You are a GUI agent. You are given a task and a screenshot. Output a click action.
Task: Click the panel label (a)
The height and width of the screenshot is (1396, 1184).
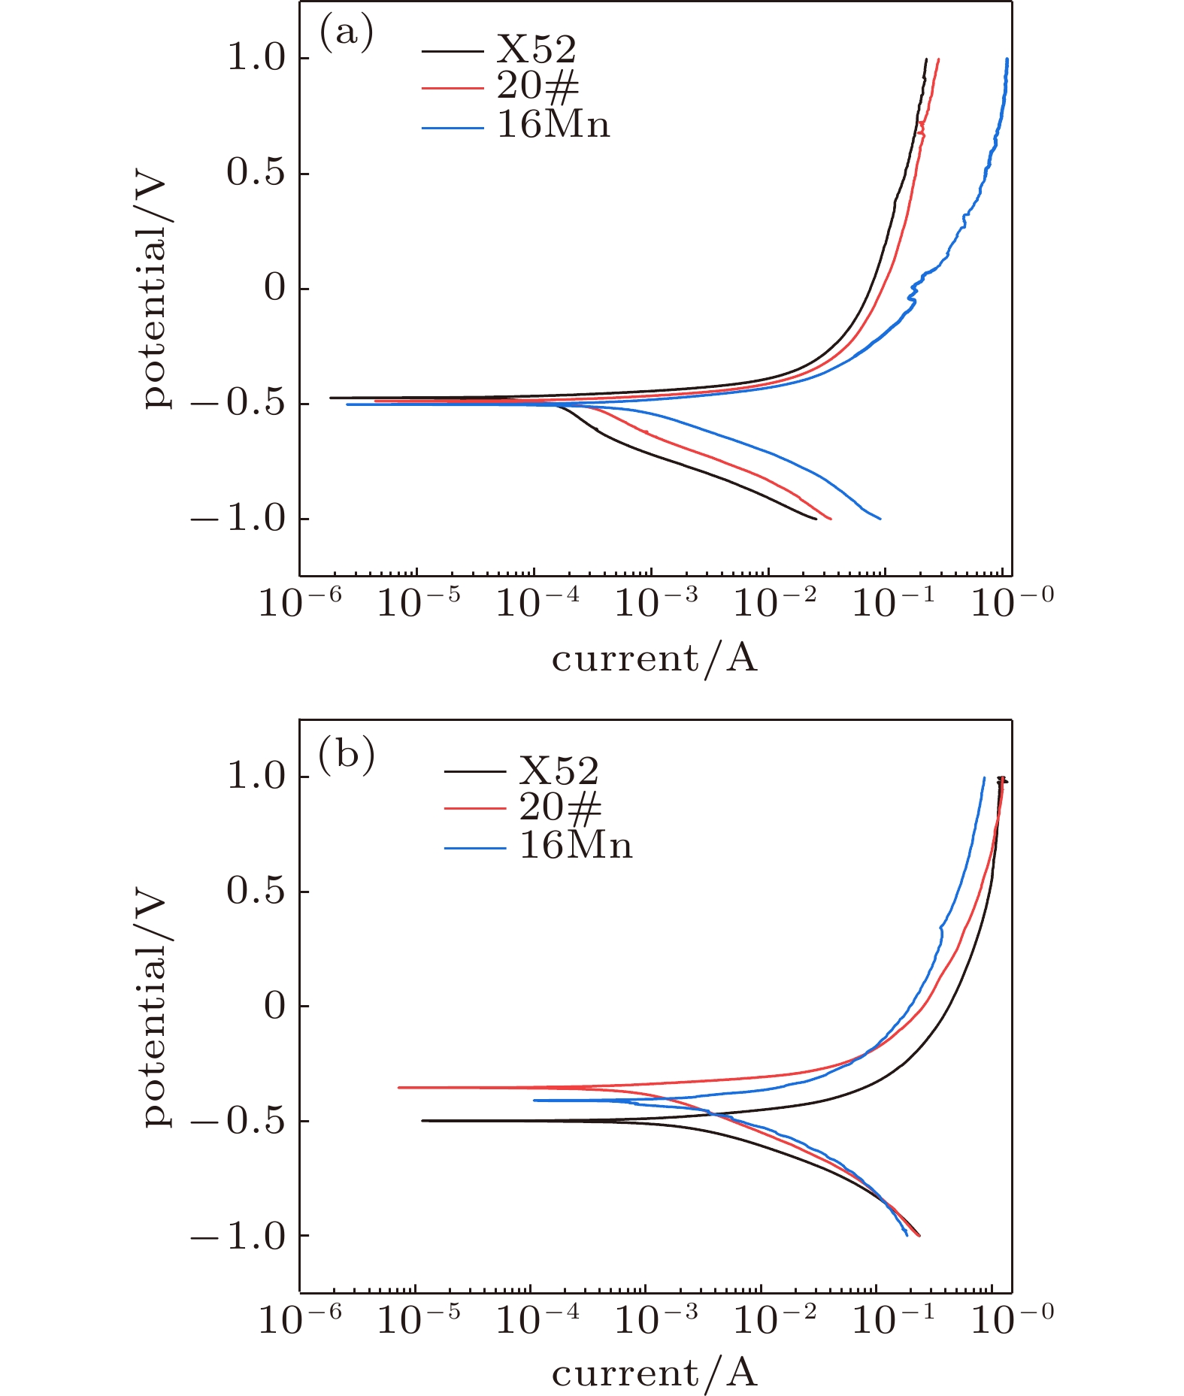[347, 34]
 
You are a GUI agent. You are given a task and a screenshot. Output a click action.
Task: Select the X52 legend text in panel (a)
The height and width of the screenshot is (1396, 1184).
[537, 50]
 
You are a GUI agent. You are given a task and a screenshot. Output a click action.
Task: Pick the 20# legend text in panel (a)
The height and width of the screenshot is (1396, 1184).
[538, 86]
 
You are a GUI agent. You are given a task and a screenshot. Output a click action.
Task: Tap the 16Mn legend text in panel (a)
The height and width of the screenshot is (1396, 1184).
[553, 124]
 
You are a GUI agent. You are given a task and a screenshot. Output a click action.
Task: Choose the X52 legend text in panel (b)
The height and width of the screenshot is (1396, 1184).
[559, 771]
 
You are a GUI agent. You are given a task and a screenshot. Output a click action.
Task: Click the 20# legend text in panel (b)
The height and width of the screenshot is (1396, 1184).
[561, 807]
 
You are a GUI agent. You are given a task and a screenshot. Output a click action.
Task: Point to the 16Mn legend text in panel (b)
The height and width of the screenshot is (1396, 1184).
[576, 846]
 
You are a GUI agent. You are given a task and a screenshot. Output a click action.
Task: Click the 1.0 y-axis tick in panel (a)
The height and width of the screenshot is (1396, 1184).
[257, 58]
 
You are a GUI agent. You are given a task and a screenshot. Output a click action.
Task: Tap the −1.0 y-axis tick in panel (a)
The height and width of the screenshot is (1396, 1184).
[239, 519]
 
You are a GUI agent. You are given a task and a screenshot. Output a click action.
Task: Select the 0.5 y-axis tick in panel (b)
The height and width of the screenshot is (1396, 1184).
[257, 892]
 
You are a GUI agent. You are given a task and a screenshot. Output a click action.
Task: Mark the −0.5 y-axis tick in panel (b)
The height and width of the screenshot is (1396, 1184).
[239, 1121]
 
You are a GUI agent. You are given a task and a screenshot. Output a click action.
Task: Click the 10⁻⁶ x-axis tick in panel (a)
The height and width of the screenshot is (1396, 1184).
[300, 602]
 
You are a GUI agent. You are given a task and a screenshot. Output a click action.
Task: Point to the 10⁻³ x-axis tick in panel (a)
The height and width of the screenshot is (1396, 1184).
[656, 602]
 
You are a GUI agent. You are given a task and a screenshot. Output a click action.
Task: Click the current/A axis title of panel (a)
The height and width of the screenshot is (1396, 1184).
[654, 659]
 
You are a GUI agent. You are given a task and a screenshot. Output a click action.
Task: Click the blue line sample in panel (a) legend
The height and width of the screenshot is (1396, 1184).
[453, 129]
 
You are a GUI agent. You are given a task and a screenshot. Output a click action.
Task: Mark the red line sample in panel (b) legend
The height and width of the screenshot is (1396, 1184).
[475, 809]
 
